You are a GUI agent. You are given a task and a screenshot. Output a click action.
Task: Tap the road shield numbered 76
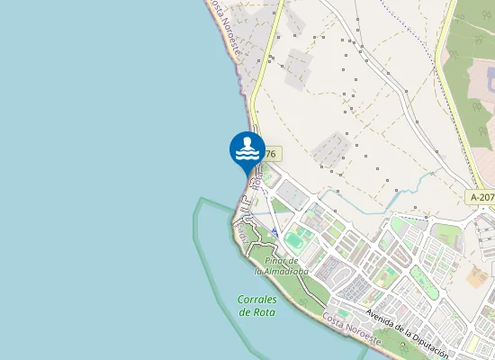(x=269, y=154)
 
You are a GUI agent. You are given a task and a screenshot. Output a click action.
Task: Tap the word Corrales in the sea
(x=257, y=299)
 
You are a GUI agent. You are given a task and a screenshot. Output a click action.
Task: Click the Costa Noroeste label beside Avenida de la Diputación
(x=352, y=329)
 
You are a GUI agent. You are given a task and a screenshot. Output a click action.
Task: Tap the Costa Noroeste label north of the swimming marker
(x=225, y=27)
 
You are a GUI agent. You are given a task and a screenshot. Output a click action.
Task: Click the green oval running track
(x=296, y=241)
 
